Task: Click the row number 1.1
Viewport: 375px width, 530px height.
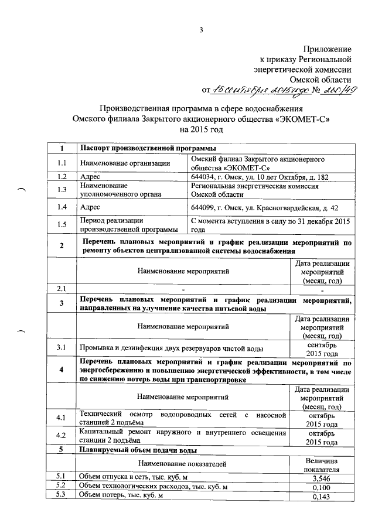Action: pos(62,162)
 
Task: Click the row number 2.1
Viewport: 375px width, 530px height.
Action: pos(62,288)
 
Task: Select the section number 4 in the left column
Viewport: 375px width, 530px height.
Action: pos(62,370)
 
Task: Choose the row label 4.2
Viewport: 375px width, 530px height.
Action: pos(62,436)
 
